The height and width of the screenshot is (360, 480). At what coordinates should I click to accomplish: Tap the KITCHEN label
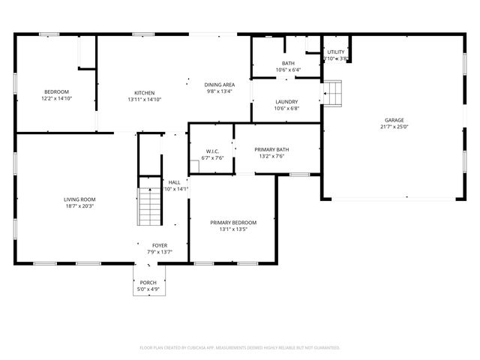tap(144, 93)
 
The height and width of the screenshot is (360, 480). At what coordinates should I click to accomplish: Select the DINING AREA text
tap(219, 85)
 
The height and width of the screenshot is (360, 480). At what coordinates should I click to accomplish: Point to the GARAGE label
tap(394, 120)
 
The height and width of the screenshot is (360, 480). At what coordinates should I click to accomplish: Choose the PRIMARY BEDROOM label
tap(232, 223)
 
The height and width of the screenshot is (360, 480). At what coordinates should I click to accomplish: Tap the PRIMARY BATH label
tap(271, 149)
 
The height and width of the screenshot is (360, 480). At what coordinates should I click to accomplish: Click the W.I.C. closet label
tap(212, 151)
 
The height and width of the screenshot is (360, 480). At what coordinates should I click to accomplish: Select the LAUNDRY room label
tap(286, 102)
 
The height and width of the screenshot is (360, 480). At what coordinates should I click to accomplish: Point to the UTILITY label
tap(335, 52)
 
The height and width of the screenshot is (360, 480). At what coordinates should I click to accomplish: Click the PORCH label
tap(147, 282)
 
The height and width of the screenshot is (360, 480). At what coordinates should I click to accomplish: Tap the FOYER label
tap(160, 245)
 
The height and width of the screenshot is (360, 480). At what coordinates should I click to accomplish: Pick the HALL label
tap(174, 182)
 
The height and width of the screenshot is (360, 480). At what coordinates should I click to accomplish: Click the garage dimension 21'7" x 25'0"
tap(394, 127)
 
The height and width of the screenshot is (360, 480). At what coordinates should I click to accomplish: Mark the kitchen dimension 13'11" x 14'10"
tap(144, 100)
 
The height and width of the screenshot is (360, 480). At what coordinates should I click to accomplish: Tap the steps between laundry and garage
tap(332, 94)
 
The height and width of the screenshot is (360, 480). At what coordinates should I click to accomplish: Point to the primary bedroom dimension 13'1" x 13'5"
tap(232, 229)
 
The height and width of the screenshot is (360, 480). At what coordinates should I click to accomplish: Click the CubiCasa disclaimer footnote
tap(240, 347)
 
